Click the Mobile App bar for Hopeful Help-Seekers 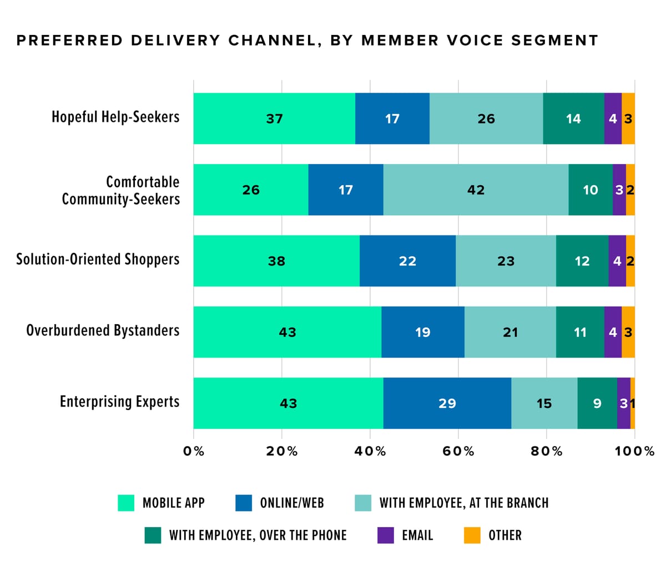tap(274, 119)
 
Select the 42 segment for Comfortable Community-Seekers tap(476, 190)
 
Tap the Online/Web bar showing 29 tap(447, 403)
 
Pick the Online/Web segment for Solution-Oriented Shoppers tap(407, 261)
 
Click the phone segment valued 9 tap(597, 403)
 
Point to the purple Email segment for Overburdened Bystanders tap(613, 332)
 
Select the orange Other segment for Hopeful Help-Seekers tap(628, 119)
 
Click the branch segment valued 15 tap(544, 403)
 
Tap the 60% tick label tap(458, 451)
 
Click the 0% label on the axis tap(194, 451)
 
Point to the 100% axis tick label tap(634, 451)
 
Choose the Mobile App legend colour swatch tap(126, 503)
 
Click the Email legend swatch tap(386, 535)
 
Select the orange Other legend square tap(472, 535)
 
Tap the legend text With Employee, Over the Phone tap(258, 535)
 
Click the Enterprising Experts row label tap(119, 402)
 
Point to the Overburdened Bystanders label tap(103, 331)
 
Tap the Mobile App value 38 tap(276, 261)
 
